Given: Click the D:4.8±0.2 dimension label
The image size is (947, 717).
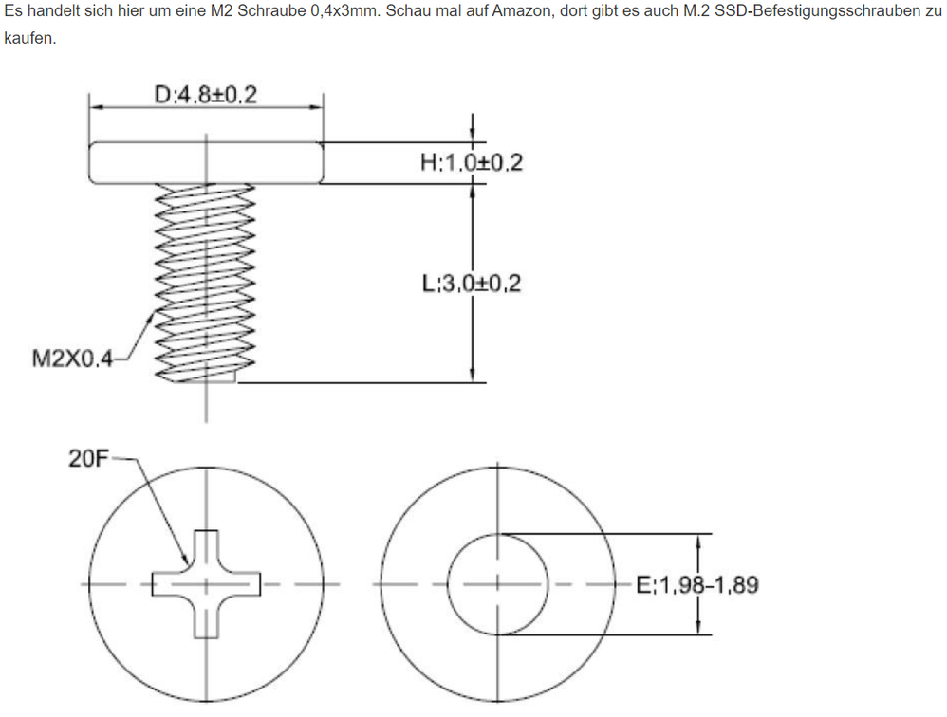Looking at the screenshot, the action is pos(206,95).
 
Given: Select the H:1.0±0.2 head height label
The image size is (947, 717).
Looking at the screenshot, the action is pos(472,162).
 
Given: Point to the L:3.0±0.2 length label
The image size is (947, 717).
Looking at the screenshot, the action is pos(472,283).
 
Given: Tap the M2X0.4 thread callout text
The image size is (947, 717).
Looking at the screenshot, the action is pos(72,359).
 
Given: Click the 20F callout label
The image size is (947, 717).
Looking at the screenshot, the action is pos(88,459).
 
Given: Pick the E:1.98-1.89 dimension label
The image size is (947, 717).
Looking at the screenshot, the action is pos(697,585).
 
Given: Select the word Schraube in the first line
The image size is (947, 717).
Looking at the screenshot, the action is pos(271,11).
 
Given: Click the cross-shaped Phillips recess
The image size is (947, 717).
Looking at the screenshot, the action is pos(206,584).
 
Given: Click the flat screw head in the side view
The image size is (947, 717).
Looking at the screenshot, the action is pos(206,163).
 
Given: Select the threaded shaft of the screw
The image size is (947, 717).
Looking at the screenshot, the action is pos(205,283).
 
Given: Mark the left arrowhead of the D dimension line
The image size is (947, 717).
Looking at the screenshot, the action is pos(96,107).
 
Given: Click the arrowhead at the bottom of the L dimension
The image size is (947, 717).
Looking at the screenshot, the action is pos(473,376).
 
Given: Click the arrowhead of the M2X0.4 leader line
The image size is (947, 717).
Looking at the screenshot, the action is pos(152,315).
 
